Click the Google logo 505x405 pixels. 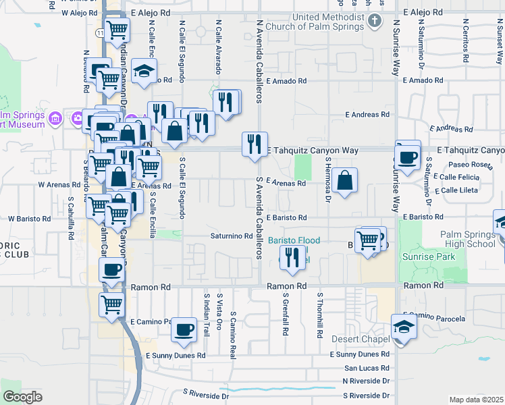coord(22,396)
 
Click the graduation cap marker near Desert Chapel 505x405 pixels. coord(404,327)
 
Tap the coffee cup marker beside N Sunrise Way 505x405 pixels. coord(408,156)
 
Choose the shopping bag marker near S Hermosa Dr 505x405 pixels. coord(344,180)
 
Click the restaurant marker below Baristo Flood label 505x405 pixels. coord(292,258)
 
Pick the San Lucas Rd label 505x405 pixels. coord(367,368)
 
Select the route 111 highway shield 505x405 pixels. coord(99,32)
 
